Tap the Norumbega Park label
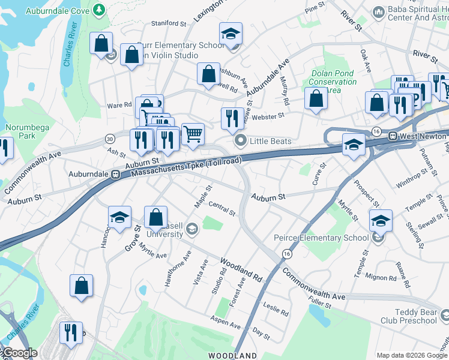(20, 132)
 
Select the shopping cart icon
(192, 134)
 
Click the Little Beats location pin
(241, 142)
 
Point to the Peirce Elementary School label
(321, 238)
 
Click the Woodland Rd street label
(241, 271)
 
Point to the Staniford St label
(169, 23)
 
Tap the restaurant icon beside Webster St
(232, 119)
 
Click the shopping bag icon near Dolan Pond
(316, 99)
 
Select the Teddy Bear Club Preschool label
(408, 316)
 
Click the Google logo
(19, 353)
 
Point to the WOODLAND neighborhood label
(233, 356)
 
